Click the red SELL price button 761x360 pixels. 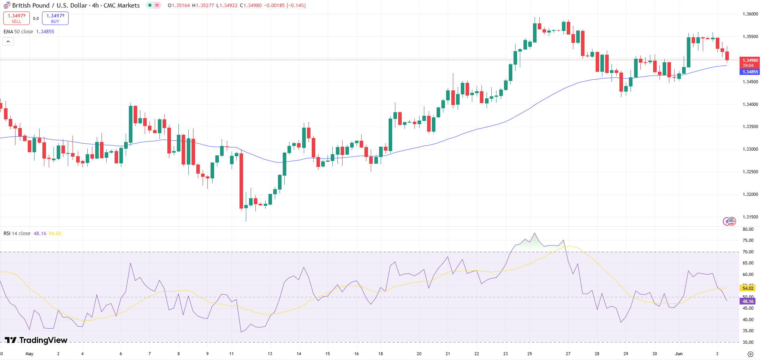coord(16,18)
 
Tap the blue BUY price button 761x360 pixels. coord(55,18)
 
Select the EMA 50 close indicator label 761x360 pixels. coord(18,32)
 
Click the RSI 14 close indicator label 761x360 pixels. coord(17,234)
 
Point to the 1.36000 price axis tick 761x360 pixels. coord(750,14)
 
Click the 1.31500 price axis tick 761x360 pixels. coord(750,217)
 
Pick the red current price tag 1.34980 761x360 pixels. coord(749,61)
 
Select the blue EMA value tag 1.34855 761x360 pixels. coord(749,72)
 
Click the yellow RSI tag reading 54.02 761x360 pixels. coord(748,288)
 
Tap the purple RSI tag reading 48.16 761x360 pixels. coord(748,302)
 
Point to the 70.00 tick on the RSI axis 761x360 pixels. coord(748,252)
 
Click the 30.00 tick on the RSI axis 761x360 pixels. coord(748,342)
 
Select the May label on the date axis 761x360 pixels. coord(29,354)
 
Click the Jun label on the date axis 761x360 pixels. coord(679,354)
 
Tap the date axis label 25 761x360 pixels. coord(530,354)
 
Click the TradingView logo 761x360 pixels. coord(36,340)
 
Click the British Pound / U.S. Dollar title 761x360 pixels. coord(76,6)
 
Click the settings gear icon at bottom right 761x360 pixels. coord(750,354)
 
